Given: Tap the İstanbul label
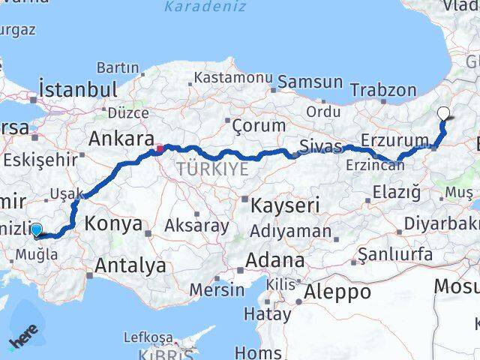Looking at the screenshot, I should pos(78,89).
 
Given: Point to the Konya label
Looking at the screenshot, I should pos(113,223).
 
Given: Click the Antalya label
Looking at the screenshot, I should pos(130,264).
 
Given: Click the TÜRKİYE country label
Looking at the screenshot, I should pos(212,169).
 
